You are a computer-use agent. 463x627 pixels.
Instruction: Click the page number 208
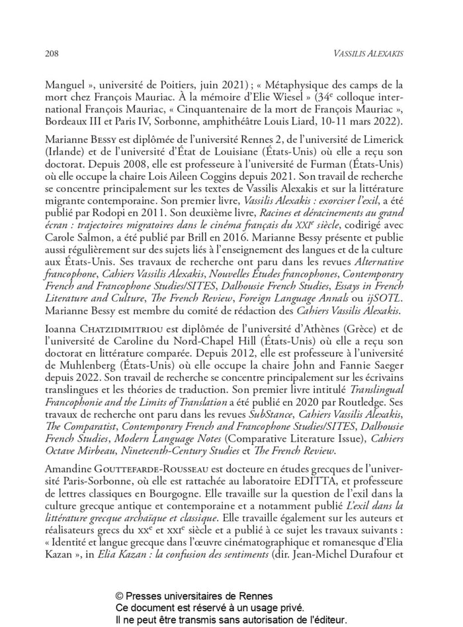pos(52,52)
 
